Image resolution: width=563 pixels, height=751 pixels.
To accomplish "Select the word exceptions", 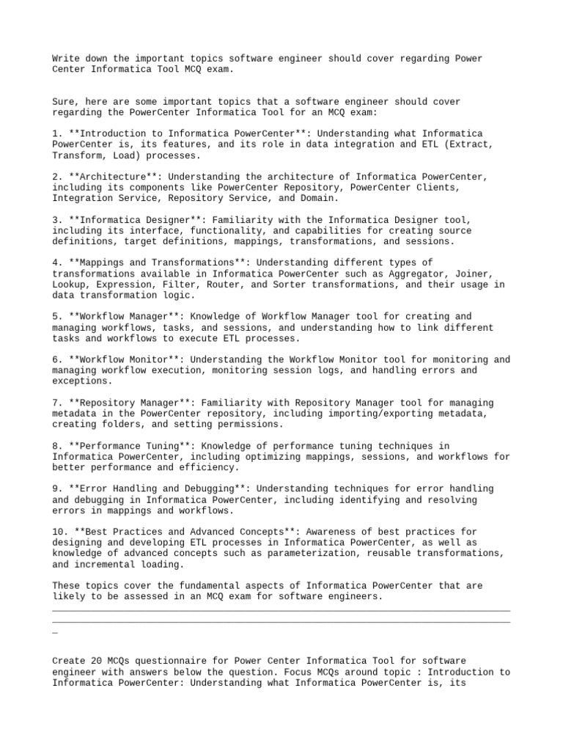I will pyautogui.click(x=83, y=381).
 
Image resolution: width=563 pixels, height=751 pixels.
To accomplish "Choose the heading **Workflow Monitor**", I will pyautogui.click(x=122, y=359).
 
